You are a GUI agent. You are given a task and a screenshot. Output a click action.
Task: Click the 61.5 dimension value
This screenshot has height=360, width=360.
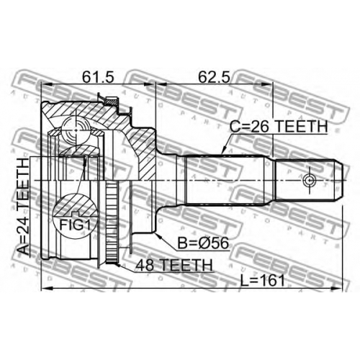[97, 77]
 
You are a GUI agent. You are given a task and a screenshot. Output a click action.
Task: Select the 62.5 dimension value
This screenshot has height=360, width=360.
[214, 77]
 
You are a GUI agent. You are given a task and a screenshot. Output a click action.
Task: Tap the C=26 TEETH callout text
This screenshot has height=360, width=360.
[279, 127]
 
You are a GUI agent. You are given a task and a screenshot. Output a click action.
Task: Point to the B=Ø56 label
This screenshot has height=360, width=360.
[203, 243]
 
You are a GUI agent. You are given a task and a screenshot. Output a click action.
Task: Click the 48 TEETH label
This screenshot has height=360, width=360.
[174, 265]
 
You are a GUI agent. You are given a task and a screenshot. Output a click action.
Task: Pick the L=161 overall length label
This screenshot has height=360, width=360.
[263, 281]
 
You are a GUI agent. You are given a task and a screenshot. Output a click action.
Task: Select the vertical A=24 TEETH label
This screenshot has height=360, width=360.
[24, 207]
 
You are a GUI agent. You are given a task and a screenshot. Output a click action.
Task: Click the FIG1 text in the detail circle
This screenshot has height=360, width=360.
[75, 225]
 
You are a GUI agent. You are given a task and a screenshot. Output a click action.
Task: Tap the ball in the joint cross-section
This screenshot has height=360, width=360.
[76, 130]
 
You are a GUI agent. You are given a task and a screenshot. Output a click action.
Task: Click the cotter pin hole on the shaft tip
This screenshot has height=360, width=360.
[309, 180]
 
